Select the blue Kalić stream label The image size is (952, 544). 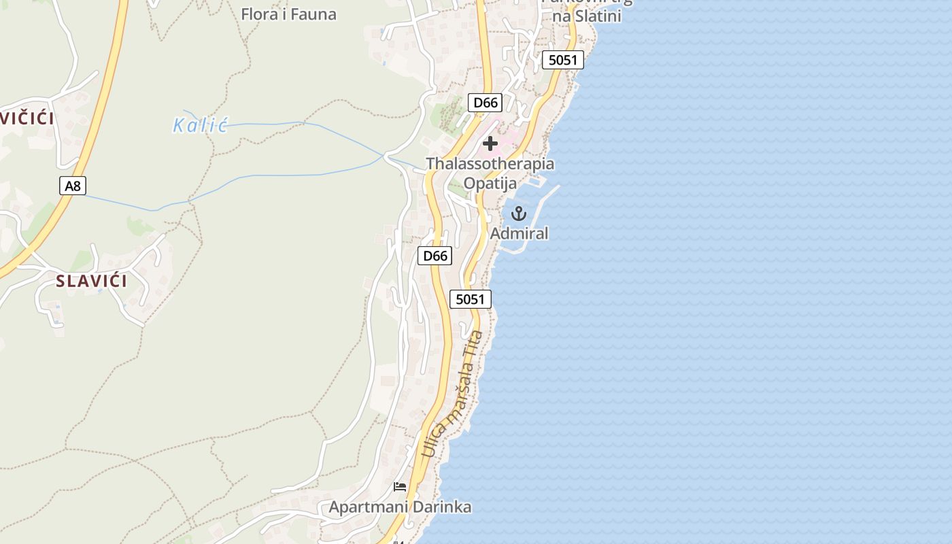coord(199,125)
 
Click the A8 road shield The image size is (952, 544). coord(73,185)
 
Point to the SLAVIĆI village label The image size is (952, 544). coord(91,281)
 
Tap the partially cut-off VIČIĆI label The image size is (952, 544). coord(27,118)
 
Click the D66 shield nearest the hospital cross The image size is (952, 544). coord(486,103)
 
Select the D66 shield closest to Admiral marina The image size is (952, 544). coord(435,256)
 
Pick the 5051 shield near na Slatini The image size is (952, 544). coord(563,60)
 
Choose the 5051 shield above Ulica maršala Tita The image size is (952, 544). coord(470,299)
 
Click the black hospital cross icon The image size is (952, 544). coord(490,143)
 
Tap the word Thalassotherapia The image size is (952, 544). coord(490,164)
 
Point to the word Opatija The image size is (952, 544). coord(490,183)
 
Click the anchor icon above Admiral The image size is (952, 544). coord(519,214)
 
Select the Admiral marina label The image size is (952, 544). coord(519,233)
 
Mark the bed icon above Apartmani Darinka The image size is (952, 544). coord(400,487)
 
